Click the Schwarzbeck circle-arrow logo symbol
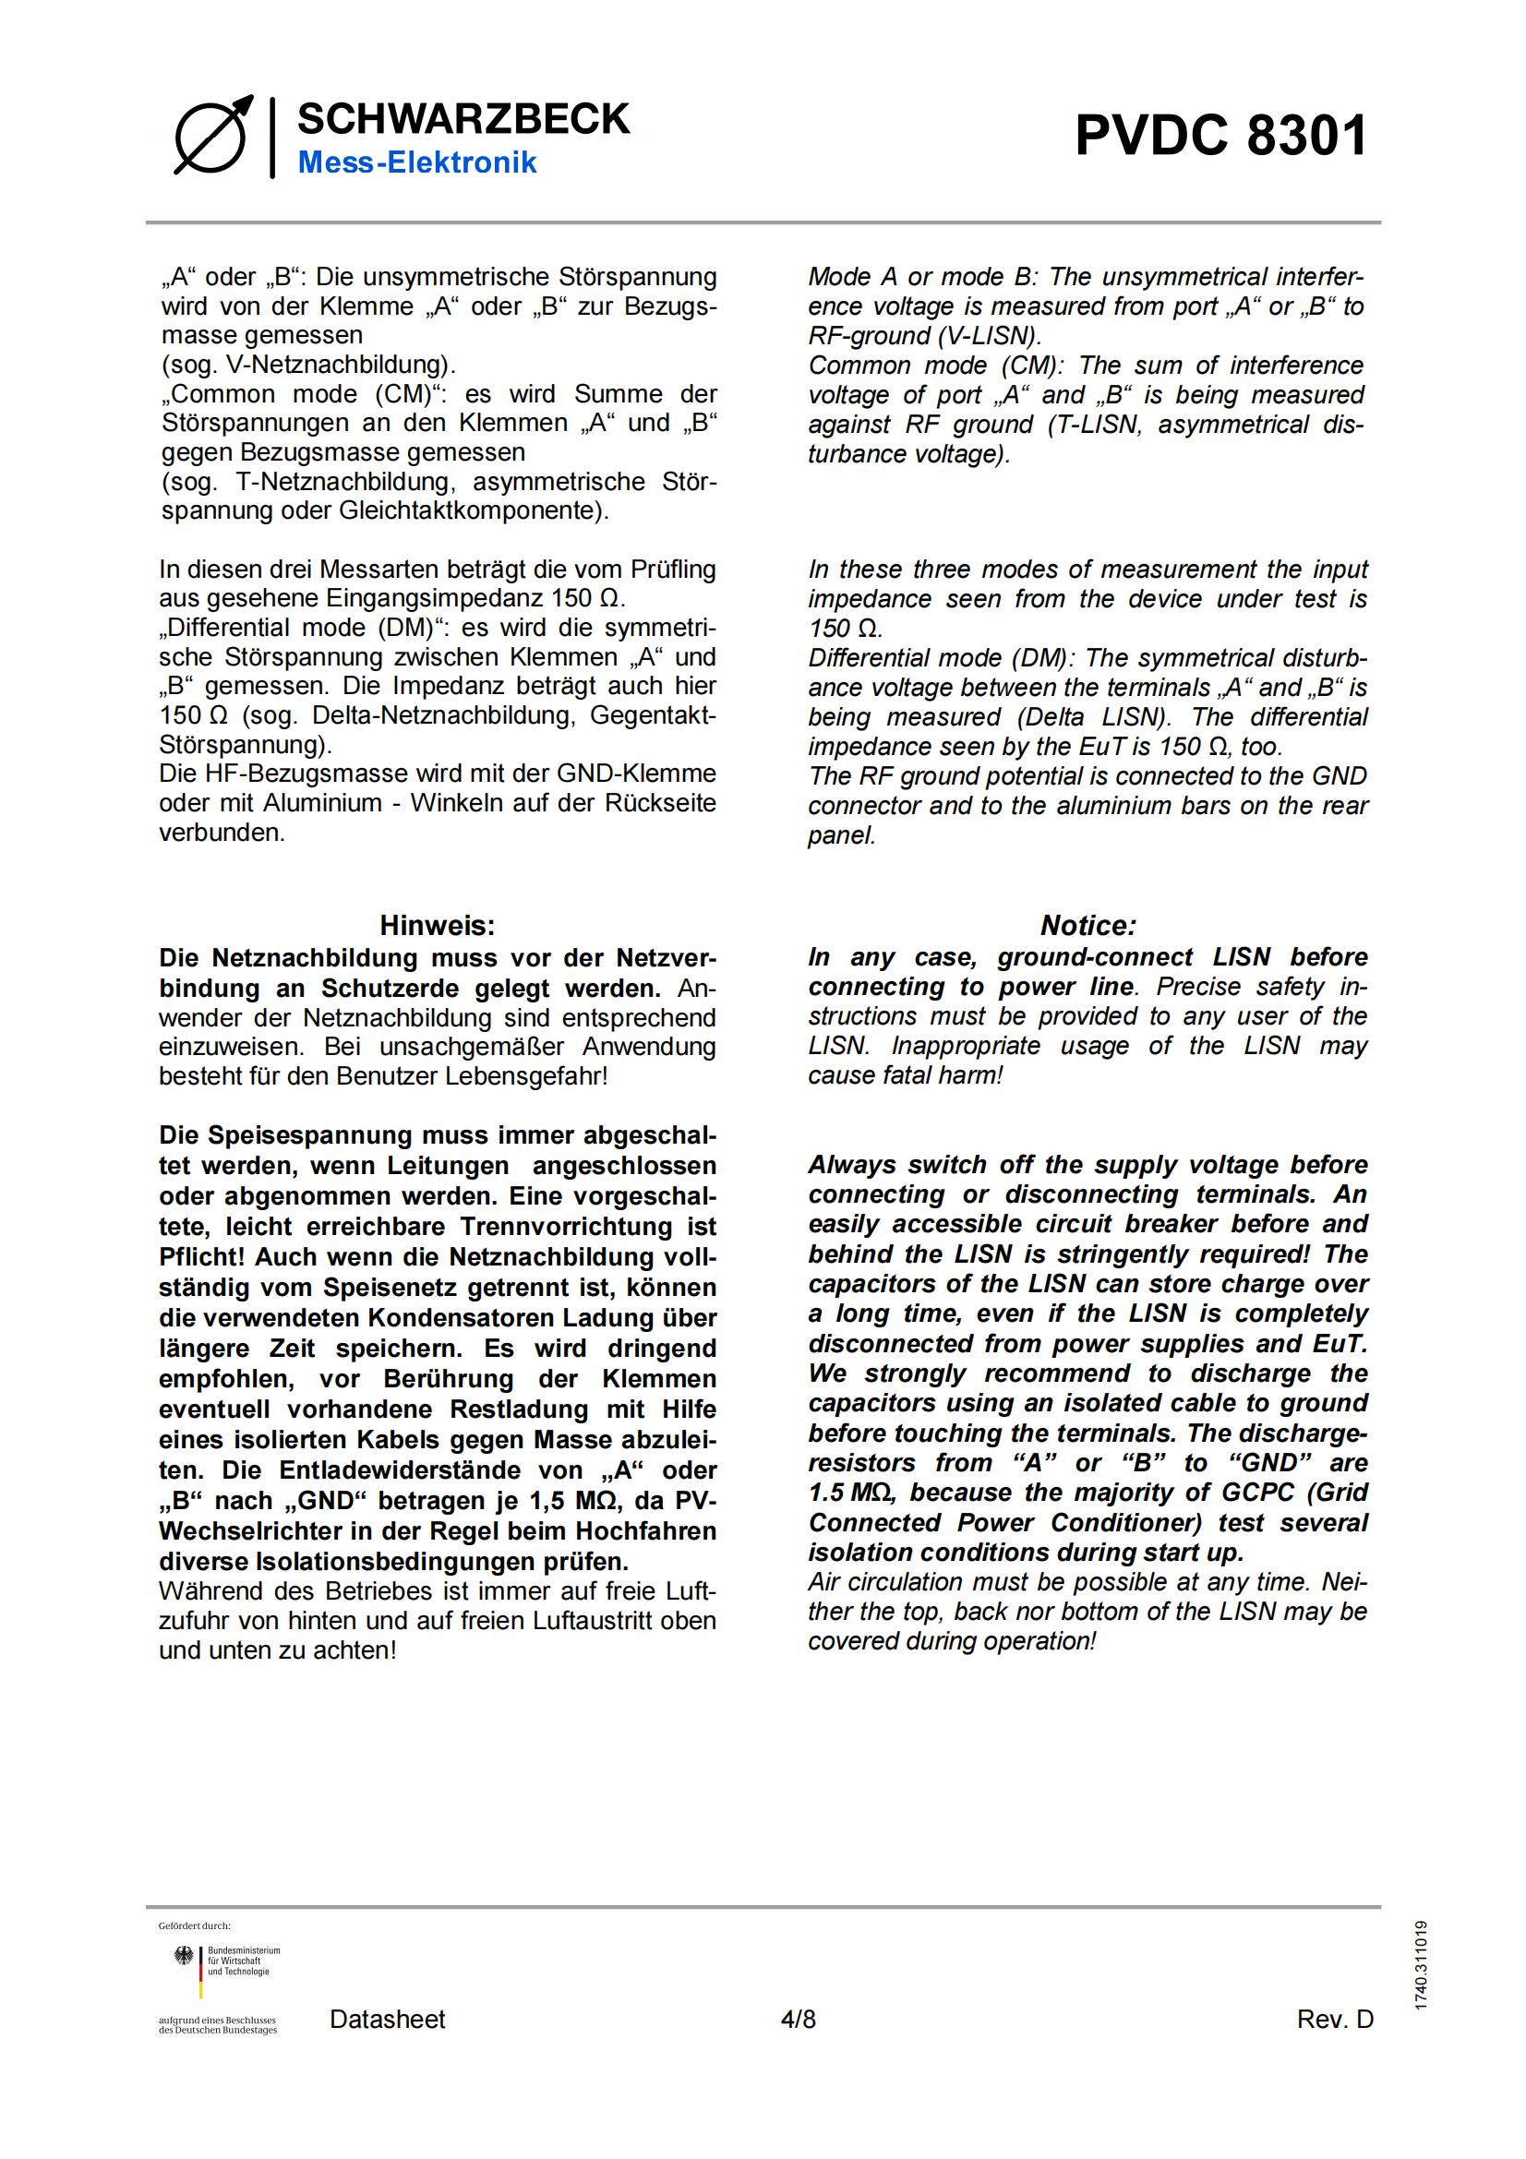click(213, 136)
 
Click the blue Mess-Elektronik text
click(416, 162)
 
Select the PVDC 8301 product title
click(1220, 136)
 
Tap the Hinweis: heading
click(438, 925)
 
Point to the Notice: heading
click(1087, 925)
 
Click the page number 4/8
click(799, 2019)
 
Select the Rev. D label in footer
click(1334, 2019)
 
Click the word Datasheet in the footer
click(388, 2019)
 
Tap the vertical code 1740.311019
click(1420, 1966)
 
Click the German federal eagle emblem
click(184, 1957)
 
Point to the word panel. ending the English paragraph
click(842, 835)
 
